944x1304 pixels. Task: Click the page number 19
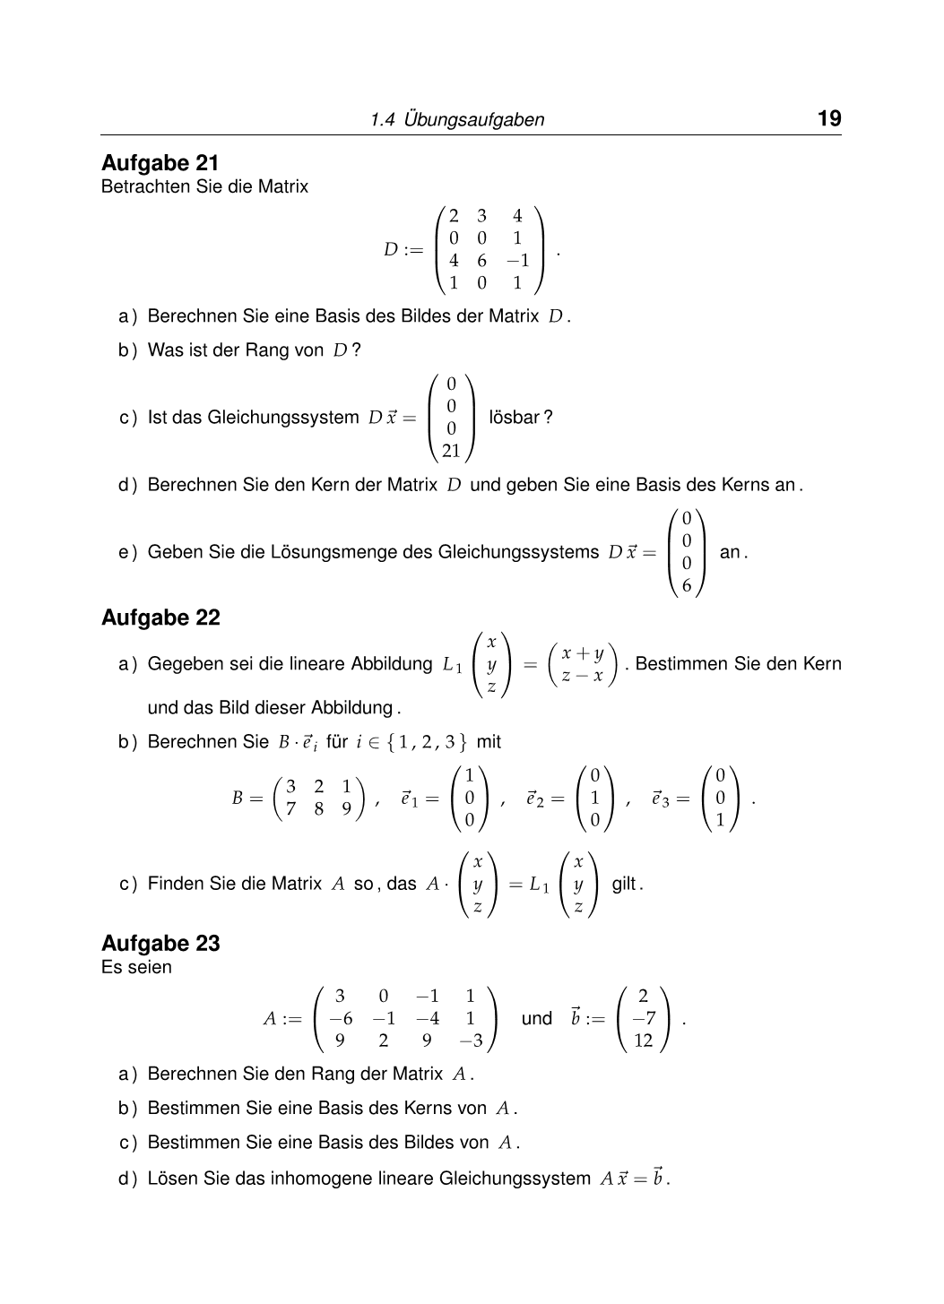828,118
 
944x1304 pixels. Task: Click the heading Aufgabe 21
160,163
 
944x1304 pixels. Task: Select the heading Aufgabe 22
160,617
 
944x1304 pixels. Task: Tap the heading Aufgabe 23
160,943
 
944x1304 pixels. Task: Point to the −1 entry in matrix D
517,261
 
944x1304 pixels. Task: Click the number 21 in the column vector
451,451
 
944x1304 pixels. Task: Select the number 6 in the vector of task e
687,586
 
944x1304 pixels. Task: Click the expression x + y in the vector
582,653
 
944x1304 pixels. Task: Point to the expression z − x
582,676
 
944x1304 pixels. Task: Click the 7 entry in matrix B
290,808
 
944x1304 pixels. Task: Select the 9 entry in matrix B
346,808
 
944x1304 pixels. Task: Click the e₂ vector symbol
535,799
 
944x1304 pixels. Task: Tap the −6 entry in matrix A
341,1018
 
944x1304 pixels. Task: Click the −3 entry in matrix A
470,1041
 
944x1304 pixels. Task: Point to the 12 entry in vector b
643,1041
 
